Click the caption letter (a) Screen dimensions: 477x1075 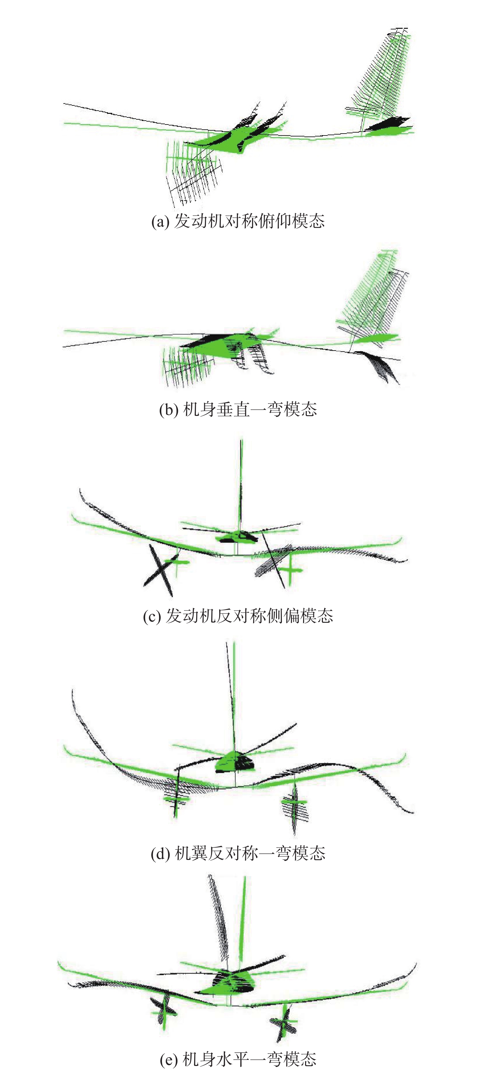(160, 222)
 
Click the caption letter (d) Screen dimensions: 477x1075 (160, 854)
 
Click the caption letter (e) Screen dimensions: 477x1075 (169, 1059)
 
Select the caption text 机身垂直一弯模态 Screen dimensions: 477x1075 (250, 409)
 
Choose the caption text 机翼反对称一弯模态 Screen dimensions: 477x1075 (250, 853)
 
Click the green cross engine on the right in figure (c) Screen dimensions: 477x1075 (290, 570)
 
